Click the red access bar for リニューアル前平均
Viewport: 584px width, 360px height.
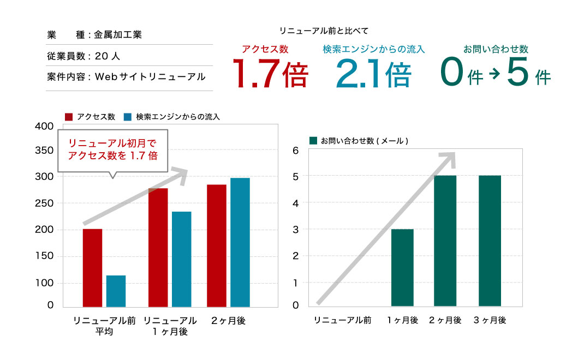pos(92,268)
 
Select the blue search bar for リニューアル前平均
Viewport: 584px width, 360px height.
pos(116,291)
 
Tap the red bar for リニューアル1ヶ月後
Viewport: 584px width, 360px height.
pos(158,248)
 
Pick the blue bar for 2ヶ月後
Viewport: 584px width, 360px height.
pos(240,242)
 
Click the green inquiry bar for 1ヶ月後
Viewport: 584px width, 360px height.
pos(402,268)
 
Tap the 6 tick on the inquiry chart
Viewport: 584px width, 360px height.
pos(296,151)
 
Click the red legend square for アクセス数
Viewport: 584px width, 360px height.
pos(69,117)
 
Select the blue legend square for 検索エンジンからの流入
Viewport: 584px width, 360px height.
pos(128,117)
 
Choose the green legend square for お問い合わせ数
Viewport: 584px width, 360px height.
pos(313,141)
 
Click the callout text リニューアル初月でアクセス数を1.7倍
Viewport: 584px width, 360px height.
pos(112,149)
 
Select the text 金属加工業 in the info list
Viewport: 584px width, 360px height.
pos(118,35)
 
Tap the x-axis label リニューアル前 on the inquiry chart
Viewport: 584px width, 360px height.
pos(342,320)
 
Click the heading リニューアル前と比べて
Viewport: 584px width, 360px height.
pos(320,31)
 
